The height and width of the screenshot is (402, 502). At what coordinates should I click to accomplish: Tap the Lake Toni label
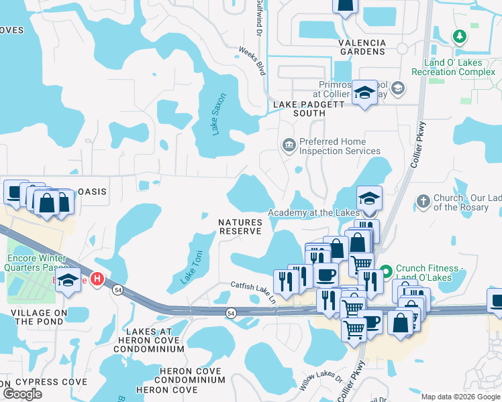click(x=191, y=267)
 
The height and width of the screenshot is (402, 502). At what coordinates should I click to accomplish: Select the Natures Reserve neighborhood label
click(x=240, y=226)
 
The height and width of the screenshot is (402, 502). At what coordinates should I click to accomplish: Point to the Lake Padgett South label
click(x=309, y=109)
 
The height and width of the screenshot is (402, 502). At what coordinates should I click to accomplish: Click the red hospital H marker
click(x=98, y=278)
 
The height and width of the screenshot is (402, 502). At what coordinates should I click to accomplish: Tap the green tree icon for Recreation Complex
click(x=460, y=36)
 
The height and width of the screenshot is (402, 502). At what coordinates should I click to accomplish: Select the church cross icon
click(x=423, y=200)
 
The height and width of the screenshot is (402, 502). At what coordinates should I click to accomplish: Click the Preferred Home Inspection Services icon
click(x=289, y=145)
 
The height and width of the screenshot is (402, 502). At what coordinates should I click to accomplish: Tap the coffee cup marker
click(x=326, y=275)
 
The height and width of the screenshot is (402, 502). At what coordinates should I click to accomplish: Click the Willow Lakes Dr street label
click(x=321, y=386)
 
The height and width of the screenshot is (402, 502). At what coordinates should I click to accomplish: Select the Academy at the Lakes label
click(x=314, y=212)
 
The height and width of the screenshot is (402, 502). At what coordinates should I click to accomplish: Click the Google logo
click(x=22, y=394)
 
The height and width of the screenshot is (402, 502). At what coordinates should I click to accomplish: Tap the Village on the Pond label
click(x=38, y=317)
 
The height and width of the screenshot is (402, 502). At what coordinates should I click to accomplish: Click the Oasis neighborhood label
click(x=92, y=192)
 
